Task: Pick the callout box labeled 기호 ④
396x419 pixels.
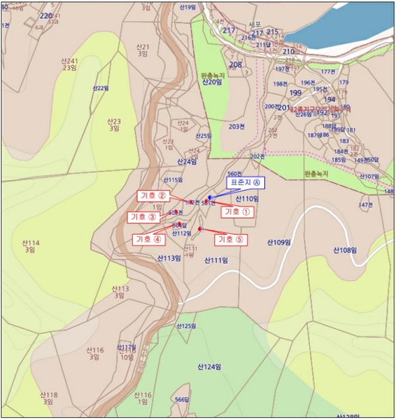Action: pos(149,239)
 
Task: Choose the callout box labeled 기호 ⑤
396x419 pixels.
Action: pos(231,239)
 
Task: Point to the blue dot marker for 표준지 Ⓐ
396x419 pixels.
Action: pos(210,198)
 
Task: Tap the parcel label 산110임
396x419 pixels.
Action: pos(247,199)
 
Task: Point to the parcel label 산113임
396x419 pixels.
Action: pos(169,259)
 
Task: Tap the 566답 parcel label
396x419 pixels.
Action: pos(181,399)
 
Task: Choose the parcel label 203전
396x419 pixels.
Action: pos(237,126)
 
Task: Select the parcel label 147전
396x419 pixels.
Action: pos(365,205)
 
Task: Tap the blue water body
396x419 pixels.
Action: pos(353,24)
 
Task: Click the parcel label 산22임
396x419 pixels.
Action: pos(100,88)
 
